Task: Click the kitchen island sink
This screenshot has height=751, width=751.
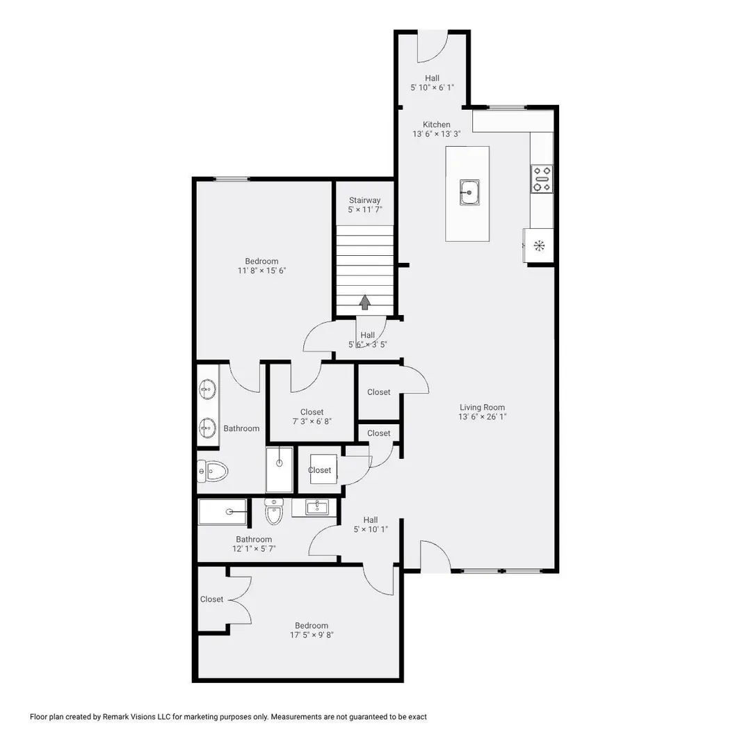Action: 469,193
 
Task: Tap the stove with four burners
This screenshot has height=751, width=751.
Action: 542,179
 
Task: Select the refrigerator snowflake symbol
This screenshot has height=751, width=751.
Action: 540,246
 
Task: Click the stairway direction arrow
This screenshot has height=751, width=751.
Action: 366,302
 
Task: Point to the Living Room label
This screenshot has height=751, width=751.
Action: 482,407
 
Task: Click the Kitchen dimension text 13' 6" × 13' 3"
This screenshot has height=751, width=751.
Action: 436,134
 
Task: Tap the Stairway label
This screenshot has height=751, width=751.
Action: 364,200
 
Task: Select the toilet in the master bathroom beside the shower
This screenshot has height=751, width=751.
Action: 212,471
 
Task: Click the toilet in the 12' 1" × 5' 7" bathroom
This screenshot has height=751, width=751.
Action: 274,511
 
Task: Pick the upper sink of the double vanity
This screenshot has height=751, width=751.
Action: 207,389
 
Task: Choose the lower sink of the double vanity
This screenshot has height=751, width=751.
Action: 207,428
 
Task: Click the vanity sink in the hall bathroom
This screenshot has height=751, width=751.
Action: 316,507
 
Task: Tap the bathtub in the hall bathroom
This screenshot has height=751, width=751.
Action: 223,512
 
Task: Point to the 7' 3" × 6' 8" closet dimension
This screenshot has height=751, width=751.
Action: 312,421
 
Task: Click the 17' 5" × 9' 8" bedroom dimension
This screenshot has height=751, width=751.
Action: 312,635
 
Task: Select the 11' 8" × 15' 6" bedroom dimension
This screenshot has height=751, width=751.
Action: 261,270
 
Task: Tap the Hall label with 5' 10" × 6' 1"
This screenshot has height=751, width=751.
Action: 432,78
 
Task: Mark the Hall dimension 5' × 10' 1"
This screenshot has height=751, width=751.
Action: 371,529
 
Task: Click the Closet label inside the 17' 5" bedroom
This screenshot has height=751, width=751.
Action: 211,599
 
